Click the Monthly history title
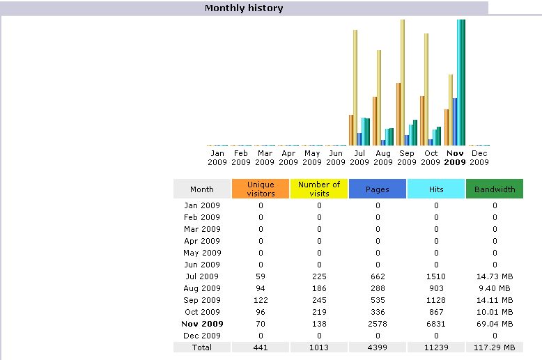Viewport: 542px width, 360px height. (x=244, y=8)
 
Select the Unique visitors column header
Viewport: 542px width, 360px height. (x=261, y=189)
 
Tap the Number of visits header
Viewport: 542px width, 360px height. (x=319, y=189)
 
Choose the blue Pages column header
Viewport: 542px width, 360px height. (x=378, y=189)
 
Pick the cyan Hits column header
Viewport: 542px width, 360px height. (x=436, y=189)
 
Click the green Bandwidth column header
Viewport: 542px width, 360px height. (x=495, y=189)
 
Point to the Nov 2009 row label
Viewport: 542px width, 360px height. (x=202, y=324)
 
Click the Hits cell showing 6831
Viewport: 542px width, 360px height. (x=436, y=324)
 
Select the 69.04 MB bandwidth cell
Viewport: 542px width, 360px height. (x=495, y=324)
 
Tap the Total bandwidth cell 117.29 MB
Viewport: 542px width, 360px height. (x=495, y=347)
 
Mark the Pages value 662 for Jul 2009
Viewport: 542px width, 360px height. (x=378, y=276)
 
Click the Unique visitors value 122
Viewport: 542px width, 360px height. (x=261, y=300)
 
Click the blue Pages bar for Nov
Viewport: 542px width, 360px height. (x=455, y=122)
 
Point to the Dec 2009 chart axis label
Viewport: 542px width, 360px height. (x=479, y=157)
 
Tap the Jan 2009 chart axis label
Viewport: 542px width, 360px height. (x=217, y=157)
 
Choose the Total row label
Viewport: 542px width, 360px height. (x=202, y=347)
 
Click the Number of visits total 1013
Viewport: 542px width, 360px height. (x=319, y=347)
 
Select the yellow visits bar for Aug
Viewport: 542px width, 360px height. (x=379, y=97)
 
